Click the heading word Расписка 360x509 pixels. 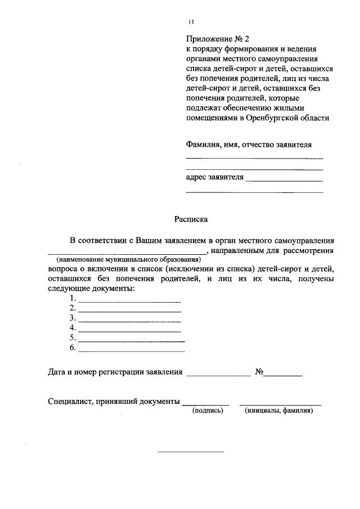tap(191, 220)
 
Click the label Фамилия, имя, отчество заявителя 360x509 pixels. tap(248, 144)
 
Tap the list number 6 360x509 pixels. tap(73, 348)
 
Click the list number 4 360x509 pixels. tap(73, 328)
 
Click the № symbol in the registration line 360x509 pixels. tap(260, 372)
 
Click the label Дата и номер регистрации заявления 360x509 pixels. tap(115, 372)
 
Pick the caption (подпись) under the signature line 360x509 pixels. tap(208, 411)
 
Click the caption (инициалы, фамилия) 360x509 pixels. tap(279, 411)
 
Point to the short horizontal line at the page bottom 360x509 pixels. tap(191, 452)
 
